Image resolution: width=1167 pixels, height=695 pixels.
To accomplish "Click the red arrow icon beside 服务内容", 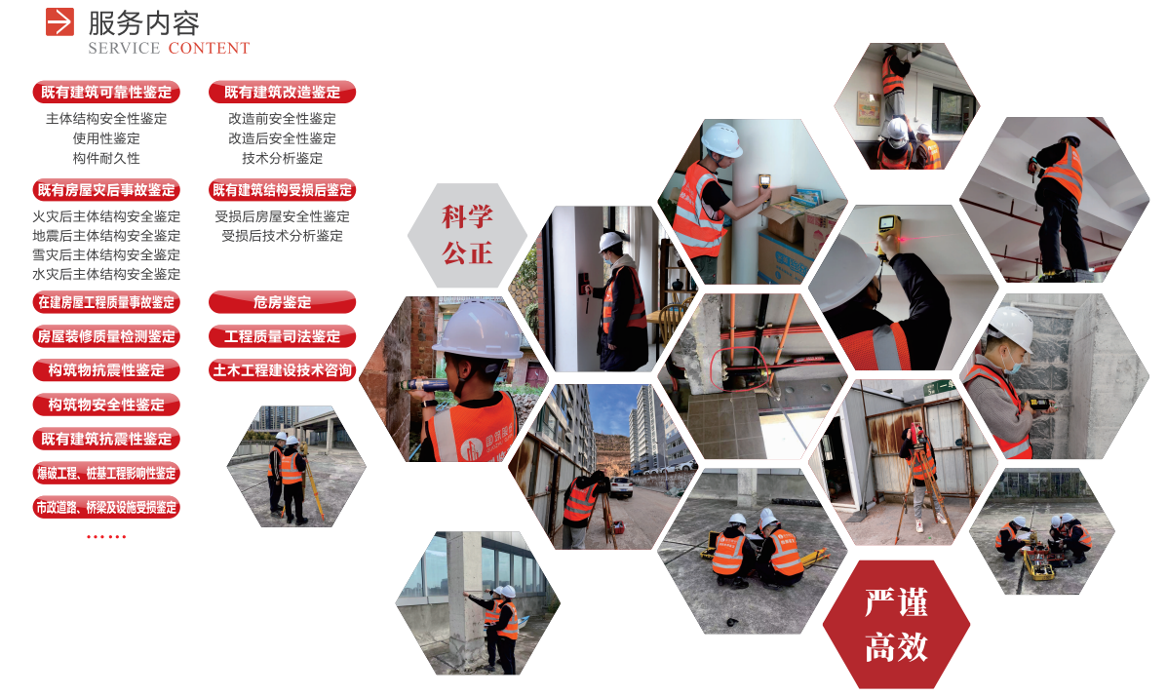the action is pos(59,21).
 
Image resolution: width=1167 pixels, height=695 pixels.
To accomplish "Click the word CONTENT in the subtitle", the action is pos(210,49).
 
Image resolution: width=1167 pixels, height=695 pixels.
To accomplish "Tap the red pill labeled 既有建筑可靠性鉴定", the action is pos(106,93).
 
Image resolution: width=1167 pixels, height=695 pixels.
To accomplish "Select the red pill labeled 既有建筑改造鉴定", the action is pos(282,93).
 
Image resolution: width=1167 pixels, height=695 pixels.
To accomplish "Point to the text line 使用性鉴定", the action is pos(106,138).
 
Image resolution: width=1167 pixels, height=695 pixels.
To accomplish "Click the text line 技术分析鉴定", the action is pos(282,159).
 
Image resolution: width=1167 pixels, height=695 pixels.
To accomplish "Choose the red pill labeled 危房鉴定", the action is pos(282,302).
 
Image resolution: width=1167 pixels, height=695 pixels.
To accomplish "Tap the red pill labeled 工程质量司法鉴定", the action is pos(282,336).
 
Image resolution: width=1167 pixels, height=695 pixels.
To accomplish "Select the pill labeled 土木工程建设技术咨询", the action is pos(282,370).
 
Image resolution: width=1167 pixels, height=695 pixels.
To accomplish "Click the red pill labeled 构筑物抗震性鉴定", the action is pos(106,370).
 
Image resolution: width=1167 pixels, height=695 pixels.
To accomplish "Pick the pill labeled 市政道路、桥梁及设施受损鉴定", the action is pos(106,508).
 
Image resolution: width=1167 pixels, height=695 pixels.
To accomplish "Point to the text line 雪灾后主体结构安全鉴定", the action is pos(106,255).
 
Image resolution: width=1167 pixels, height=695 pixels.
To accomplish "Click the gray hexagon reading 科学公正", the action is pos(467,235).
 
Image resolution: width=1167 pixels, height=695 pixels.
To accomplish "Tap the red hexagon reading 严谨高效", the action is pos(896,624).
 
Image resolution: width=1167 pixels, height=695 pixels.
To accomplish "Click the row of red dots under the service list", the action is pos(106,536).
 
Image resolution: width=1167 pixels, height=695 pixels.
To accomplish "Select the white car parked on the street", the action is pos(621,486).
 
